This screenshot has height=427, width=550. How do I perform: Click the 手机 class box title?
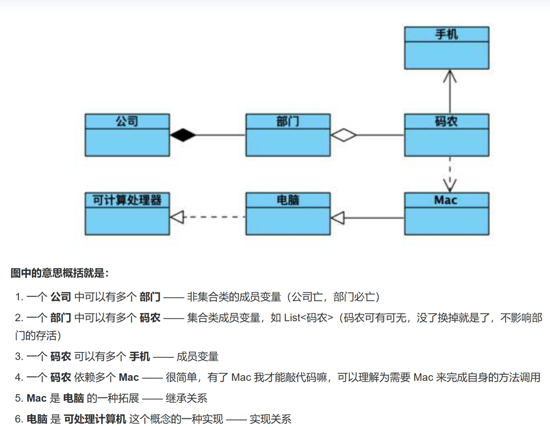click(x=447, y=34)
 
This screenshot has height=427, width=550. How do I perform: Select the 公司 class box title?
click(x=127, y=121)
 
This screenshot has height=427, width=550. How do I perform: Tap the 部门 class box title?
click(x=288, y=121)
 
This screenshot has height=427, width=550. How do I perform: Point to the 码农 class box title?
click(x=447, y=121)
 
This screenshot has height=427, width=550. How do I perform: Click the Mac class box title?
click(x=447, y=200)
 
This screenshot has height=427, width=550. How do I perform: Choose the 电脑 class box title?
click(x=288, y=200)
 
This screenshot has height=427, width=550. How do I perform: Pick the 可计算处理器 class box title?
click(x=127, y=200)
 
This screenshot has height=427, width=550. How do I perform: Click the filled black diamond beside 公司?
click(x=183, y=135)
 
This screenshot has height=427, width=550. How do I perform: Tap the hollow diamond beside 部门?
click(x=344, y=135)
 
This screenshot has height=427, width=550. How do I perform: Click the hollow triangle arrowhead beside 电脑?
click(x=337, y=218)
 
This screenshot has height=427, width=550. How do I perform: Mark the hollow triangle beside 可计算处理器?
click(x=176, y=217)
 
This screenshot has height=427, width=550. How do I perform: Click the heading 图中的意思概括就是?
click(x=60, y=273)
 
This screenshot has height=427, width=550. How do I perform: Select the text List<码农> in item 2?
click(x=310, y=318)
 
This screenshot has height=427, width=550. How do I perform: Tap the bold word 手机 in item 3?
click(x=140, y=357)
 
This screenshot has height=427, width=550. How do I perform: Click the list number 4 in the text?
click(x=18, y=378)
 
